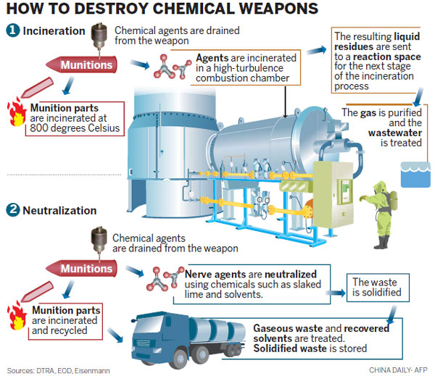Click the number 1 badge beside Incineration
(x=12, y=31)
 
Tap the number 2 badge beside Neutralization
(x=12, y=211)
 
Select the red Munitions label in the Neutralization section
(x=86, y=269)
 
